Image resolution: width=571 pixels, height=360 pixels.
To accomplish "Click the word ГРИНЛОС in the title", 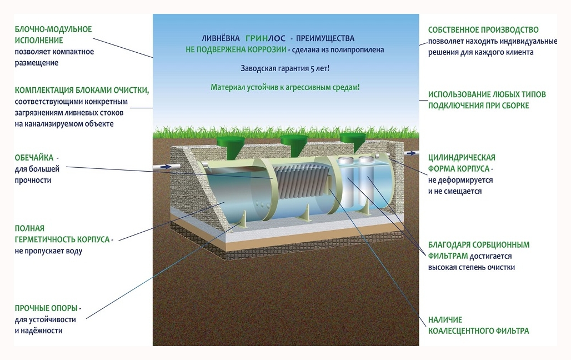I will pyautogui.click(x=264, y=39).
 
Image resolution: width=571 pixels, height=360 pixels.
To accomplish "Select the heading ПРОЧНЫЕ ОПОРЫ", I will pyautogui.click(x=47, y=308).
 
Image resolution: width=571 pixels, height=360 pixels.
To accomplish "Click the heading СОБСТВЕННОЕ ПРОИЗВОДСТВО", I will pyautogui.click(x=483, y=30).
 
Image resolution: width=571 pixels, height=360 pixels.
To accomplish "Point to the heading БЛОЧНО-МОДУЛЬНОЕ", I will pyautogui.click(x=53, y=29).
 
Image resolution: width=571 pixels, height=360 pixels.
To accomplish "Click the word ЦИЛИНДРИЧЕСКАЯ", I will pyautogui.click(x=462, y=158).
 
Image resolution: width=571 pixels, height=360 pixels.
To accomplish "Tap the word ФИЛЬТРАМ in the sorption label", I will pyautogui.click(x=448, y=256).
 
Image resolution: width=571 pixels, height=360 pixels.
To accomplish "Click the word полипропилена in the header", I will pyautogui.click(x=358, y=49).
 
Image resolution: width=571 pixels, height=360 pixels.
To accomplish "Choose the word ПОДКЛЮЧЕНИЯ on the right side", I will pyautogui.click(x=459, y=106).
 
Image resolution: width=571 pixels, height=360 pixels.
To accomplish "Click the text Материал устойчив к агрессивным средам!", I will pyautogui.click(x=285, y=88).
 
